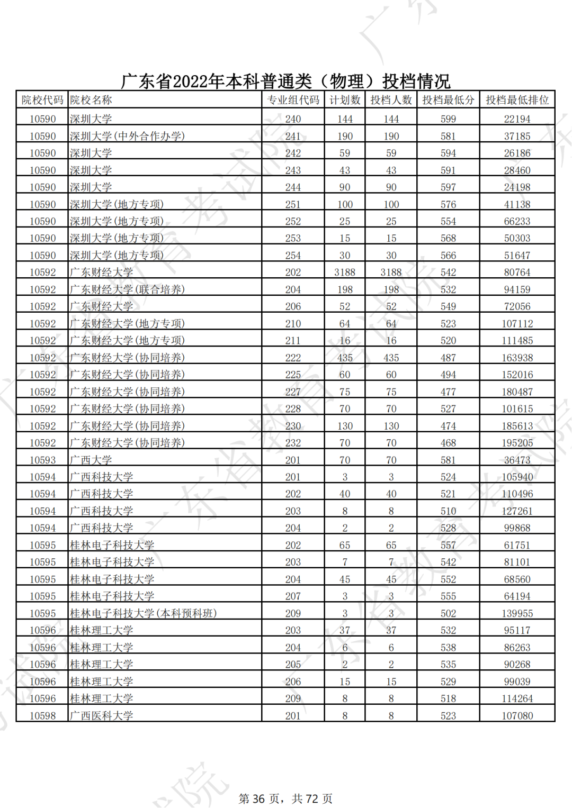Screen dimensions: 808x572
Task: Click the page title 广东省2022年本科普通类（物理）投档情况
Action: point(285,81)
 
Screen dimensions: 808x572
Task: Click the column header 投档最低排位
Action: point(517,100)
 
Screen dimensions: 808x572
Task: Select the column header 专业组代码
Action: point(293,100)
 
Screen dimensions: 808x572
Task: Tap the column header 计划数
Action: point(345,100)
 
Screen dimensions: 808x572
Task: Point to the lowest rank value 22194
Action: point(517,119)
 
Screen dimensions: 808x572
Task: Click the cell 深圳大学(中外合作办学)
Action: point(127,136)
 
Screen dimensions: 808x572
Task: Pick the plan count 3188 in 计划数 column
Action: point(345,273)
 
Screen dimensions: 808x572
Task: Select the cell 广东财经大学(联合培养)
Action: point(127,289)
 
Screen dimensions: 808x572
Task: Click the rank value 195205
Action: point(517,443)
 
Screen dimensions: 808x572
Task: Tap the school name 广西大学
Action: point(91,460)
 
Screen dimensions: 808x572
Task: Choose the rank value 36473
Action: point(517,460)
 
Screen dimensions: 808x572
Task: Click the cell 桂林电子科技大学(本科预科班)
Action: point(143,613)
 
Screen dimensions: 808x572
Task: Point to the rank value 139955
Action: point(517,613)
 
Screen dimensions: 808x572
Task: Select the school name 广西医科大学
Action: point(101,715)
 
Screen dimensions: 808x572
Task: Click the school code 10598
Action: point(42,715)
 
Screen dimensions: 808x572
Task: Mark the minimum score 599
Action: point(448,119)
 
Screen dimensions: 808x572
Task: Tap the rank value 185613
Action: point(517,426)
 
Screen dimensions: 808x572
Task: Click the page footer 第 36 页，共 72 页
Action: point(285,798)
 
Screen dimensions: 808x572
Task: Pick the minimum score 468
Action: point(448,443)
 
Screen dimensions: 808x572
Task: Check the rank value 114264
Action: point(517,698)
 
